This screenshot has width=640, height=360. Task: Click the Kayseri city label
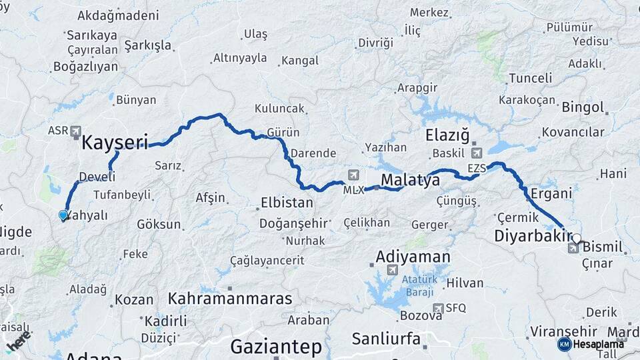[x=114, y=142]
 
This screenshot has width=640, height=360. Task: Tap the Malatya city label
[x=410, y=180]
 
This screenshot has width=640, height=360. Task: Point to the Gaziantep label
[x=276, y=347]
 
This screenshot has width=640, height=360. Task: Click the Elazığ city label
[x=447, y=136]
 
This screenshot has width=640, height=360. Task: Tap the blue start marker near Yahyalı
[x=63, y=215]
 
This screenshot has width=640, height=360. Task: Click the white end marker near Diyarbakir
[x=576, y=237]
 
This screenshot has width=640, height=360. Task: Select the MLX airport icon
[x=353, y=176]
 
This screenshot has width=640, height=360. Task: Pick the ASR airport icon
[x=75, y=131]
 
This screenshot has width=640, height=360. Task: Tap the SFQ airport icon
[x=437, y=308]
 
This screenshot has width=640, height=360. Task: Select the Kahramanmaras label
[x=230, y=299]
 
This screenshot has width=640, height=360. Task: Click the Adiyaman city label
[x=413, y=256]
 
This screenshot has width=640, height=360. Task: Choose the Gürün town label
[x=283, y=132]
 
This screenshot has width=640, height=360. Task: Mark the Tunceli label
[x=530, y=78]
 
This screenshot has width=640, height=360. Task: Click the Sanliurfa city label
[x=386, y=339]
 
